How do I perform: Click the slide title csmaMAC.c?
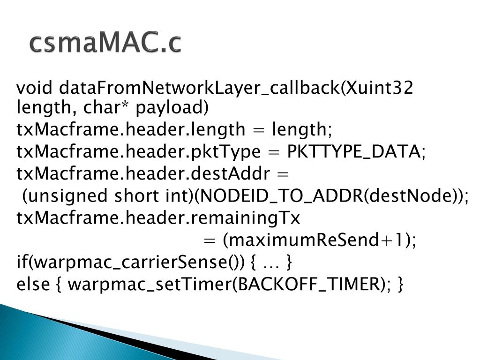click(x=105, y=43)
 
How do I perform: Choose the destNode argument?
click(x=409, y=196)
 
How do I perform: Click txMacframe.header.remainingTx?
click(x=158, y=218)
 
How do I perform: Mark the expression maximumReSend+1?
click(x=319, y=240)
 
